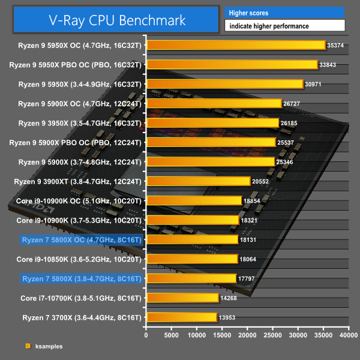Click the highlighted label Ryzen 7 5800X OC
[82, 240]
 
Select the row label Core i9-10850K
[79, 259]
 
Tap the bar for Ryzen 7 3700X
[181, 317]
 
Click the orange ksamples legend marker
[28, 346]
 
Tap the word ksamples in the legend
[49, 346]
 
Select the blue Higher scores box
[285, 13]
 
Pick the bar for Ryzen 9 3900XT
[198, 181]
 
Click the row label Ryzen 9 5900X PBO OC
[79, 143]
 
